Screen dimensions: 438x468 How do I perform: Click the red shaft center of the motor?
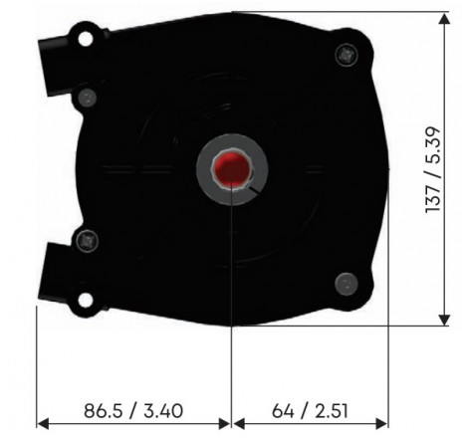[x=232, y=168]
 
